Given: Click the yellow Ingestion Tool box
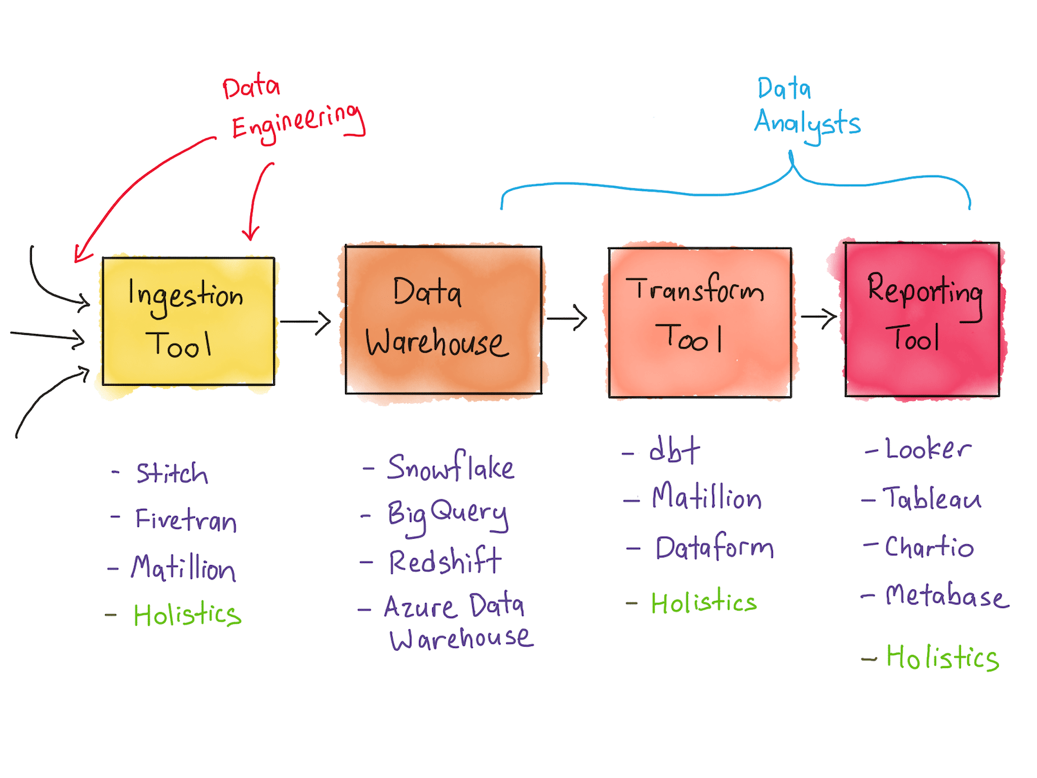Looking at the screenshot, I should click(x=188, y=321).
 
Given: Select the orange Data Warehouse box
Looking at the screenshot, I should click(x=443, y=319).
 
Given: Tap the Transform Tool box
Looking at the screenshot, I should click(x=700, y=322).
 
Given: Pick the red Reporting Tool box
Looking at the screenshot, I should click(x=922, y=319).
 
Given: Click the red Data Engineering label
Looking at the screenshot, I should click(x=294, y=111).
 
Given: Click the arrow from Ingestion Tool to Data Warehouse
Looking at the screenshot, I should click(x=305, y=322).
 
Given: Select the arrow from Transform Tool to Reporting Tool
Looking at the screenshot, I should click(x=819, y=318).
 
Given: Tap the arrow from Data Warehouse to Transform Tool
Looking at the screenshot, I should click(x=566, y=318).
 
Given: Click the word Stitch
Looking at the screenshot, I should click(x=171, y=474).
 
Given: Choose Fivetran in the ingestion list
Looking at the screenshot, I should click(x=185, y=520).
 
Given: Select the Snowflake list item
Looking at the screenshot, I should click(x=450, y=467).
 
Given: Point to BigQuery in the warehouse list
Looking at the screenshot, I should click(x=447, y=515).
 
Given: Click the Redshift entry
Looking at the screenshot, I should click(x=445, y=561).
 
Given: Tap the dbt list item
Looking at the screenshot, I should click(x=674, y=451).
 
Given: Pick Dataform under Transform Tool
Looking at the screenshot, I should click(x=714, y=548).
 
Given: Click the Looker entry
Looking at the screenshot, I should click(x=928, y=450).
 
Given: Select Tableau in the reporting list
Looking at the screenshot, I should click(x=932, y=499).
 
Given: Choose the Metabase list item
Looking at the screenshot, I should click(x=946, y=595).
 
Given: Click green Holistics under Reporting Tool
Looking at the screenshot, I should click(x=942, y=658).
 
